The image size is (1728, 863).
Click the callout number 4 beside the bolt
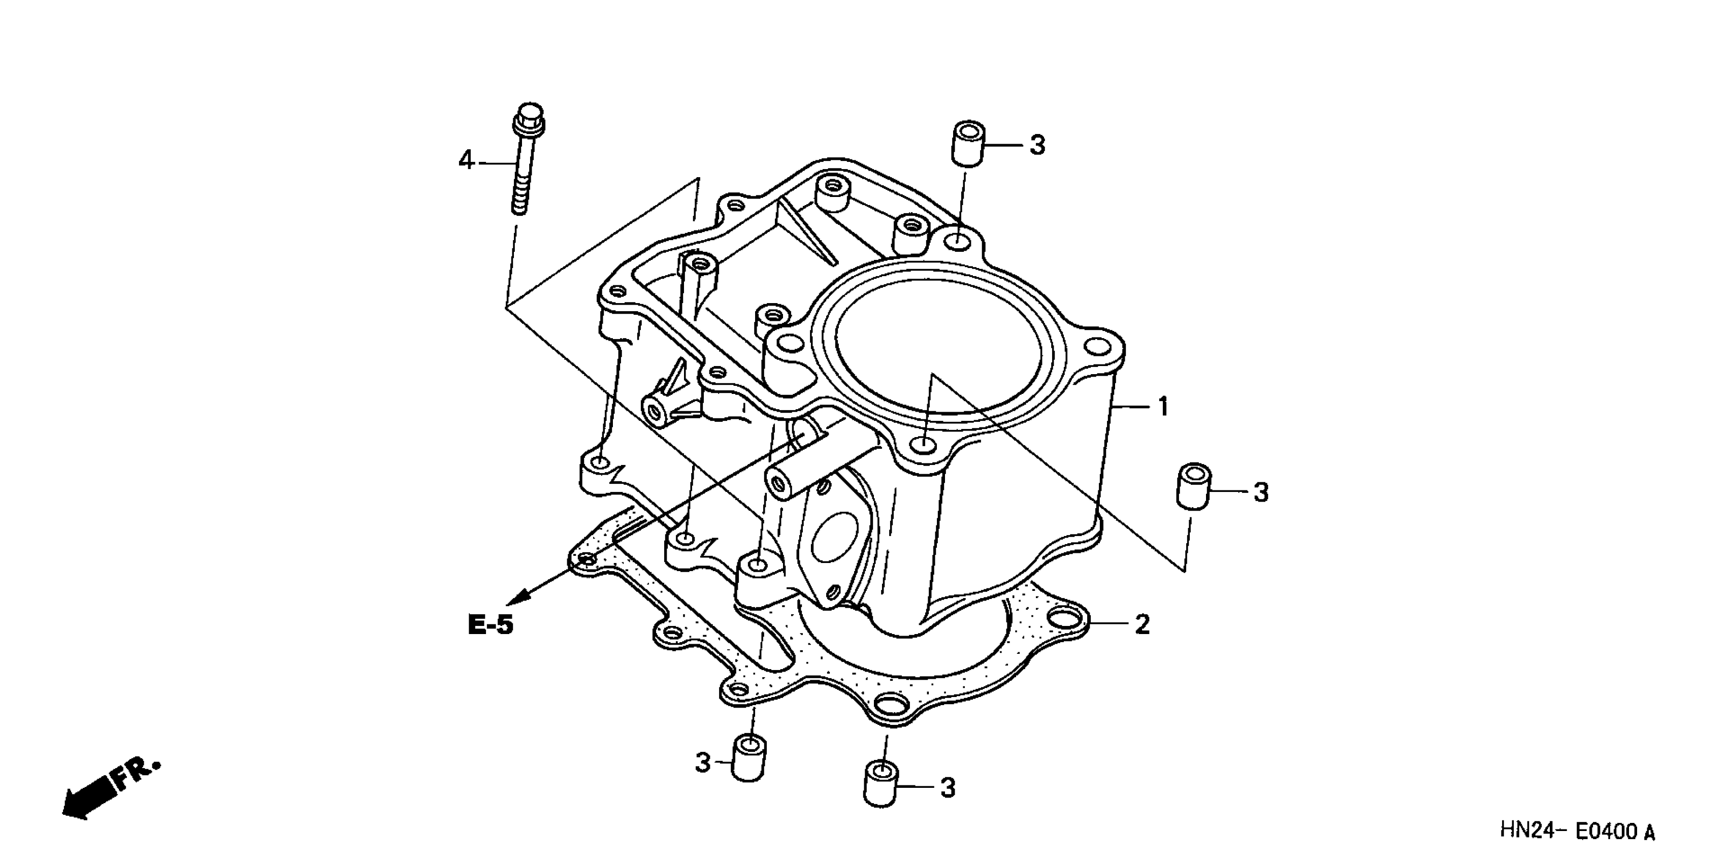[x=466, y=161]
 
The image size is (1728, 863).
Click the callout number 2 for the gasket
[x=1142, y=624]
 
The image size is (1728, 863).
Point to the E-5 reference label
[x=491, y=625]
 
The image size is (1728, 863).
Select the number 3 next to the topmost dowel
[x=1037, y=145]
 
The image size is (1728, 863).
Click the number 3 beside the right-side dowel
[x=1261, y=493]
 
